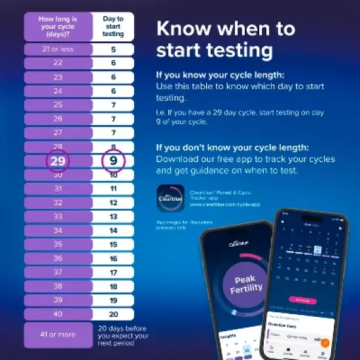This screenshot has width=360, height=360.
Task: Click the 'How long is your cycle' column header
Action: tap(58, 26)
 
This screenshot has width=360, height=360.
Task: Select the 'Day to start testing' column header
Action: tap(113, 26)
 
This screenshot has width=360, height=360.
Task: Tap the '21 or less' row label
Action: tap(58, 49)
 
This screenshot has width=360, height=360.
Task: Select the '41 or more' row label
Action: tap(58, 334)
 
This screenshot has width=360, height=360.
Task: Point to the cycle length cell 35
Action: tap(58, 244)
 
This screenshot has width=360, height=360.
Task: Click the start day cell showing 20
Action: tap(113, 314)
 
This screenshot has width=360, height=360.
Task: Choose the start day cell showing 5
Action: tap(113, 49)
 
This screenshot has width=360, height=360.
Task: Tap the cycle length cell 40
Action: tap(58, 314)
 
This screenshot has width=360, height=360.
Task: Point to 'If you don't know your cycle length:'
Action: tap(230, 147)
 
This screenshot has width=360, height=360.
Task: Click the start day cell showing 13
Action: tap(113, 217)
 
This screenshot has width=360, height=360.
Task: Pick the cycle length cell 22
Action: tap(58, 63)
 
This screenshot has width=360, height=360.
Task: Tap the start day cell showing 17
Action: tap(113, 272)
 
